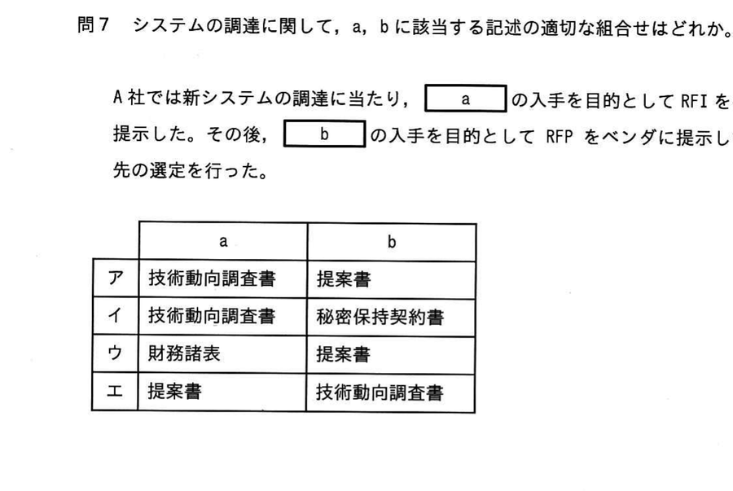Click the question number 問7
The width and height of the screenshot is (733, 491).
click(x=93, y=25)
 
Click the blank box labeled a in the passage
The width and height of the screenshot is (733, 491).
click(x=466, y=99)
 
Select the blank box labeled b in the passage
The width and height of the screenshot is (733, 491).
click(x=324, y=134)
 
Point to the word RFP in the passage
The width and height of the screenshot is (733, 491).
click(x=559, y=137)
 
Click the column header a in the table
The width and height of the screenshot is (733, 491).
click(x=223, y=242)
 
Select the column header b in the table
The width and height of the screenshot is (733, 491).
click(x=392, y=242)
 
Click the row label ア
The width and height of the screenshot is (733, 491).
click(x=116, y=278)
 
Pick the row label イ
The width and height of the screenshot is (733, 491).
click(x=116, y=316)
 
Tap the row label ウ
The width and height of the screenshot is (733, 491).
click(x=115, y=353)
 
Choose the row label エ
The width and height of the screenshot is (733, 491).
click(x=115, y=391)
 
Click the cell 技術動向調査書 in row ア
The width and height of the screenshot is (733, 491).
click(x=212, y=279)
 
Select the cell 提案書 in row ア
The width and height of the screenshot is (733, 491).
click(x=344, y=279)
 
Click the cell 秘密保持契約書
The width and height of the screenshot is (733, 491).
click(x=380, y=318)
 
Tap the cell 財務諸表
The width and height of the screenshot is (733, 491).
click(x=184, y=353)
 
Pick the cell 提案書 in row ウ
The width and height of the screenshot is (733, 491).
click(x=343, y=354)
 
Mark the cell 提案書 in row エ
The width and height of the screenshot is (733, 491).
click(x=174, y=391)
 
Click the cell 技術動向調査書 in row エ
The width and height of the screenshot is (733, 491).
click(x=379, y=392)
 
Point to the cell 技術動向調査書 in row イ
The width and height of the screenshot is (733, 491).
click(x=212, y=316)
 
